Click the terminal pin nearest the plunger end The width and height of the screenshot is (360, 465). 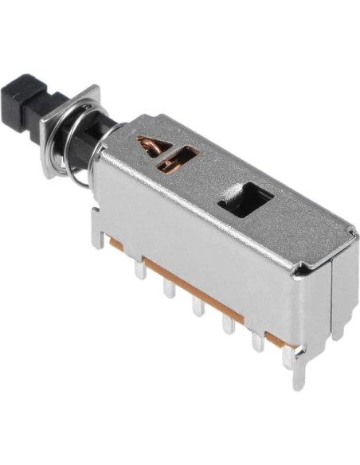140,270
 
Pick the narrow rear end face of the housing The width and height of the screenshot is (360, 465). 338,279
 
